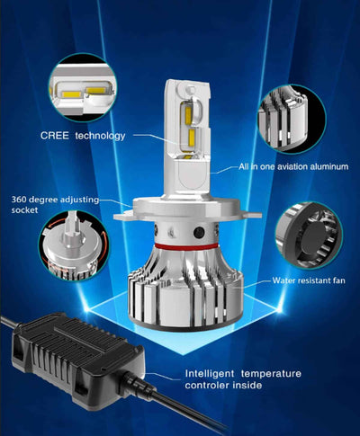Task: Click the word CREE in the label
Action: (55, 136)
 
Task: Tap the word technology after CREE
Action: (100, 136)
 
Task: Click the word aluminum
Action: (331, 166)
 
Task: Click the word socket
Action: (24, 210)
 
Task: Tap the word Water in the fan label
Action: (283, 280)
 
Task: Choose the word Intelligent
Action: (210, 374)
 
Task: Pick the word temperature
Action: (271, 374)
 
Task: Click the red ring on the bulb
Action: (186, 247)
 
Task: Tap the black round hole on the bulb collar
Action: (199, 232)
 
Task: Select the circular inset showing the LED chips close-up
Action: (83, 87)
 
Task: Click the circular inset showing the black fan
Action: (309, 235)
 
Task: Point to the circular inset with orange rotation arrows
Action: (74, 245)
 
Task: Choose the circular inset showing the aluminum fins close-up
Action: (292, 119)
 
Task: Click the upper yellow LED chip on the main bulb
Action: (188, 113)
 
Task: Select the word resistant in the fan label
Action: (310, 280)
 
